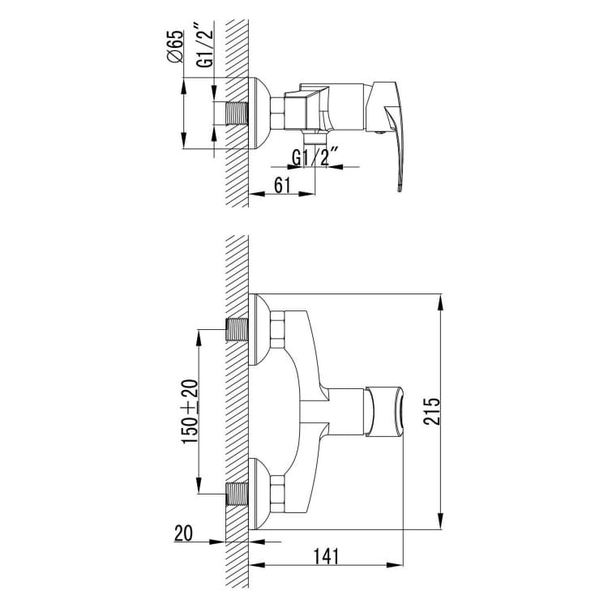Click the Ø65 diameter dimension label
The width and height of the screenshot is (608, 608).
[x=174, y=46]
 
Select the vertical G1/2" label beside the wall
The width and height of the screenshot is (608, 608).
[x=204, y=45]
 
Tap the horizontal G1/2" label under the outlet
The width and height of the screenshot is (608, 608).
[x=315, y=158]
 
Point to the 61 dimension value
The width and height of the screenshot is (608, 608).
[x=282, y=186]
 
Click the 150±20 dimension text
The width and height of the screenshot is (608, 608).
[x=190, y=411]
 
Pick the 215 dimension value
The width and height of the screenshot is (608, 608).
[x=432, y=411]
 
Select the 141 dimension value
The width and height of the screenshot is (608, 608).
[x=326, y=556]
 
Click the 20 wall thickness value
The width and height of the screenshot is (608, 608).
[x=183, y=533]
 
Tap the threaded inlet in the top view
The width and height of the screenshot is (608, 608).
[x=237, y=113]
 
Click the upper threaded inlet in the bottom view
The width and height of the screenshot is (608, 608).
[x=237, y=330]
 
